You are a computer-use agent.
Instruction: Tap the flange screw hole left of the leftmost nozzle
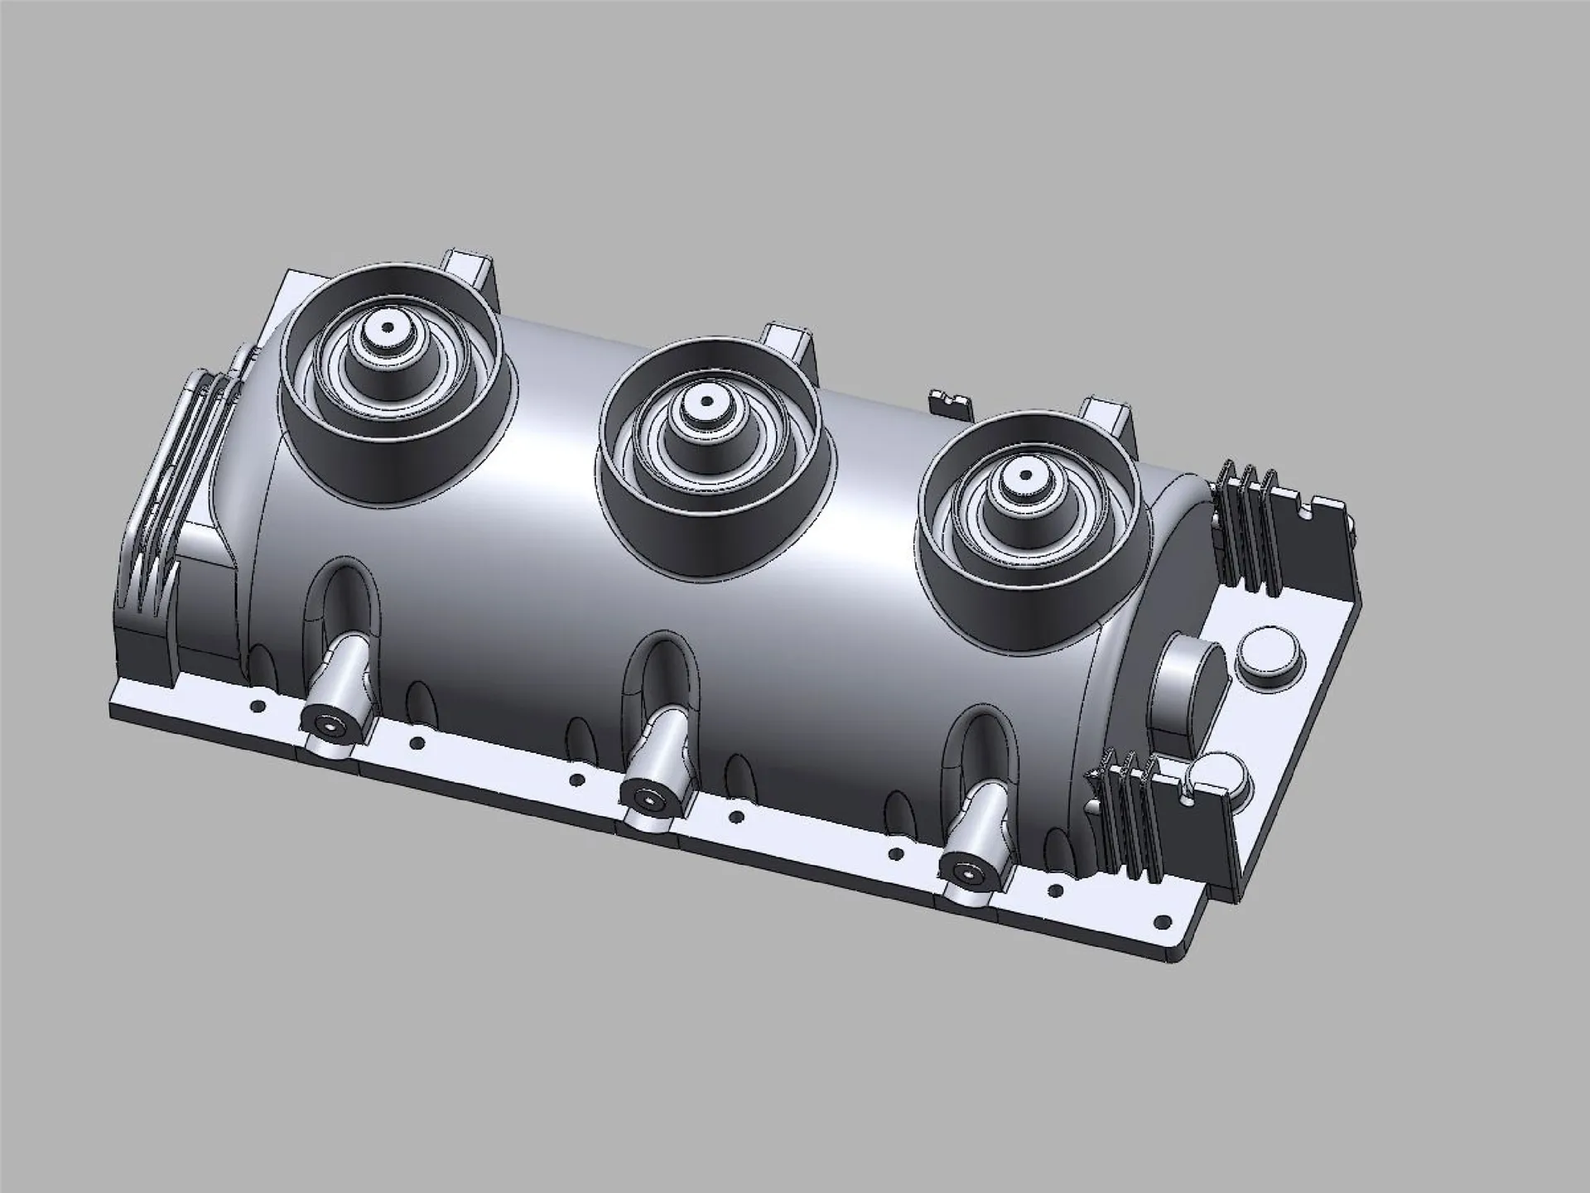[x=258, y=707]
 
